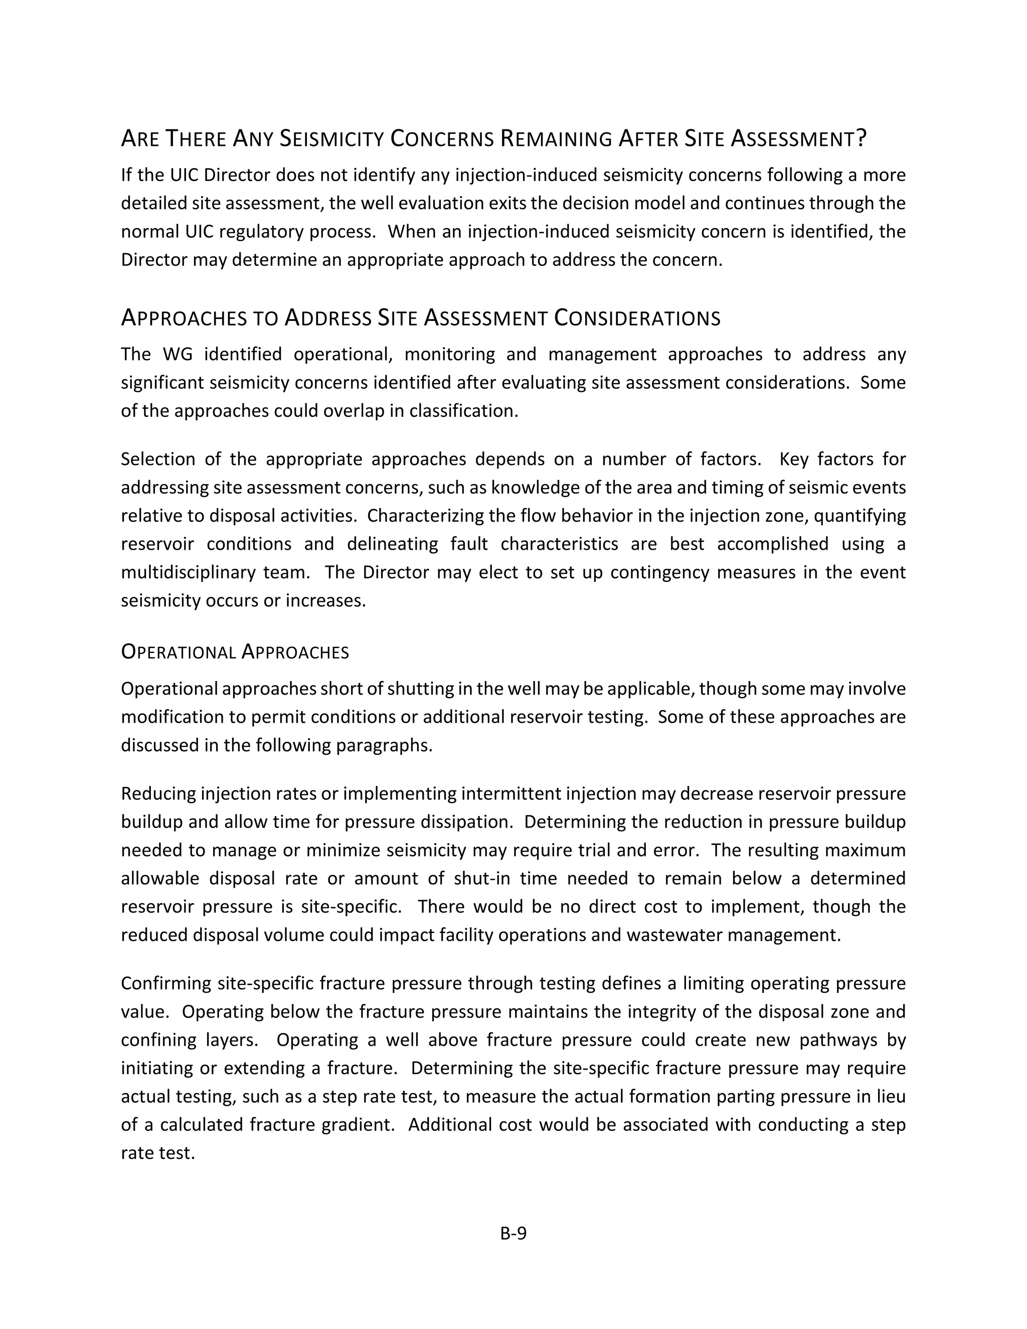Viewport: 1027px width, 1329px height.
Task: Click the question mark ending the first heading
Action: click(861, 139)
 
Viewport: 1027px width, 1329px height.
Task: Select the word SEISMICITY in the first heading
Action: click(331, 139)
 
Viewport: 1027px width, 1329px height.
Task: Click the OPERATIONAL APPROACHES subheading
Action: click(235, 652)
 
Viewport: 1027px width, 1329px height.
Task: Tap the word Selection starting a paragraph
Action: click(157, 459)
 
